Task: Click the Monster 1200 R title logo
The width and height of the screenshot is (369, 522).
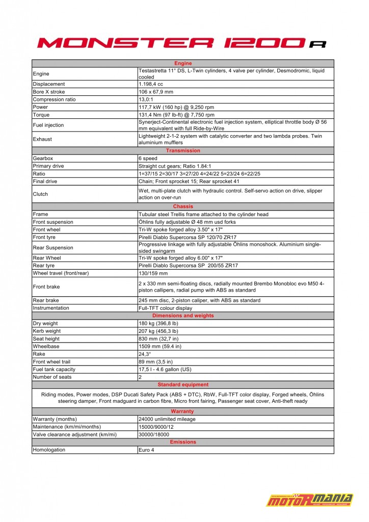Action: point(182,43)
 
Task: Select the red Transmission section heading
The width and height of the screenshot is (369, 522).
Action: point(183,151)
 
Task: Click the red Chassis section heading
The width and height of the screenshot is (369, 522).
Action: point(183,206)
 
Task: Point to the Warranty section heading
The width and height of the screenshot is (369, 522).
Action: point(182,411)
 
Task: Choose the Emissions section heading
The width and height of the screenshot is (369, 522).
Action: point(182,442)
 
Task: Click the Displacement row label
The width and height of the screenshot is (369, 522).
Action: point(49,84)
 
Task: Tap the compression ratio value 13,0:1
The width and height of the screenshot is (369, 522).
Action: point(149,99)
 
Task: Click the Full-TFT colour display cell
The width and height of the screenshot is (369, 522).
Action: point(165,308)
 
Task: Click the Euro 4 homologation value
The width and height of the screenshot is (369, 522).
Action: point(147,450)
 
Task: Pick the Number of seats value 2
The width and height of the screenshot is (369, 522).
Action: point(141,377)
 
